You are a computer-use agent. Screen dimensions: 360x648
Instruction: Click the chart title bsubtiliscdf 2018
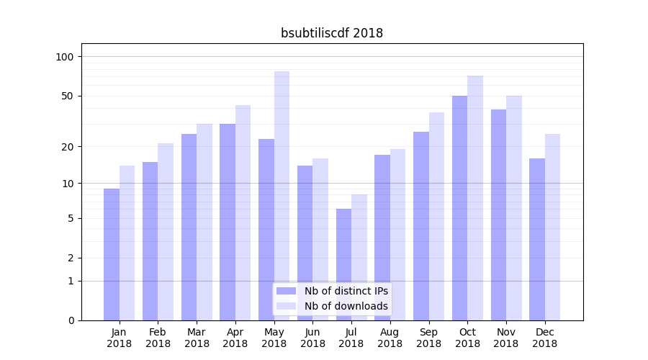coord(331,33)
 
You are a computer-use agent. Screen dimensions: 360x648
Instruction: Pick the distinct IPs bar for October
coord(459,208)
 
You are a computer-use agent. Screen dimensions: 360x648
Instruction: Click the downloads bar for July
coord(359,257)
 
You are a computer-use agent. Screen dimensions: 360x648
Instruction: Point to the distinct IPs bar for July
coord(343,264)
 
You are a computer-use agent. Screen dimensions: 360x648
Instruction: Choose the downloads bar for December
coord(552,227)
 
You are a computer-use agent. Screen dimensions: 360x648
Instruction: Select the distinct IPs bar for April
coord(228,222)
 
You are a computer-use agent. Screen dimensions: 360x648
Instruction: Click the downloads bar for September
coord(436,216)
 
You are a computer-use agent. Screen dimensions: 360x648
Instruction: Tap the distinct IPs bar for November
coord(498,215)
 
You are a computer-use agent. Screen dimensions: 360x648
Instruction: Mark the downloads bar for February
coord(166,232)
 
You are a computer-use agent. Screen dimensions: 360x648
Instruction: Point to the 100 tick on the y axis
coord(66,57)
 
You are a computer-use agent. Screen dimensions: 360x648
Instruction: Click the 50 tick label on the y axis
coord(68,96)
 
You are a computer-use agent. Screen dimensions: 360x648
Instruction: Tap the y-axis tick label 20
coord(68,147)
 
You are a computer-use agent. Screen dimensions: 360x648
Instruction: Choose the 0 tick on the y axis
coord(71,320)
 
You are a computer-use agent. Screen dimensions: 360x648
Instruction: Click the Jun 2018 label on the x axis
coord(312,338)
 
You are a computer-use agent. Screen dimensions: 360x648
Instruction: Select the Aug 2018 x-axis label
coord(390,338)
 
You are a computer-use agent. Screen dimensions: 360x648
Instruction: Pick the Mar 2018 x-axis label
coord(197,338)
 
